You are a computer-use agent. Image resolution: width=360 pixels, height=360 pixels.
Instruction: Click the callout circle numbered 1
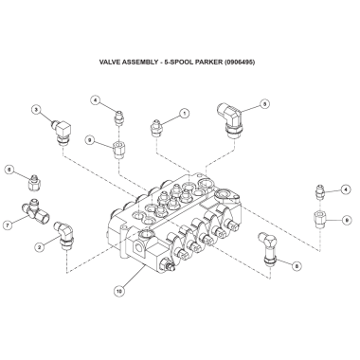(x=185, y=113)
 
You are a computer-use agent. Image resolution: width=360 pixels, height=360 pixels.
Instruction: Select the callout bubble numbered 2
(x=39, y=247)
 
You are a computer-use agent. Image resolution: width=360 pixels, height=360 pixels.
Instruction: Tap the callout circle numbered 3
(x=36, y=110)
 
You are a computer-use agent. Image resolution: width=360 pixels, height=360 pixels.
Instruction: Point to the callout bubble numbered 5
(x=264, y=103)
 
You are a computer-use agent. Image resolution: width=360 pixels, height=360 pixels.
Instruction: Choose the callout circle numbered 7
(x=7, y=225)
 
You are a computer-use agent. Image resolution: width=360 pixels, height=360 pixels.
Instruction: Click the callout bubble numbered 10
(x=119, y=291)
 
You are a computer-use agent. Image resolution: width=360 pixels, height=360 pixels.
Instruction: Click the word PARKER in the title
(x=208, y=62)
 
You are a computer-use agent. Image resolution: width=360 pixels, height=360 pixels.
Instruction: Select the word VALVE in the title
(x=109, y=62)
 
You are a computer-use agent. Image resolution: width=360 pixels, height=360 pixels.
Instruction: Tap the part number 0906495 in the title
(x=240, y=62)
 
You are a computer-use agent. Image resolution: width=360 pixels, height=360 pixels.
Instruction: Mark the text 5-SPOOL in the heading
(x=179, y=62)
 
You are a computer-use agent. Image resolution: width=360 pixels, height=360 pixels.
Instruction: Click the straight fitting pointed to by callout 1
(x=156, y=128)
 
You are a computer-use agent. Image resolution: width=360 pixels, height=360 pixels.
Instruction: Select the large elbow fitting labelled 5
(x=230, y=119)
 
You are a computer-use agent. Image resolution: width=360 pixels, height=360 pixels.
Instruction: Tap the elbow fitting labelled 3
(x=63, y=132)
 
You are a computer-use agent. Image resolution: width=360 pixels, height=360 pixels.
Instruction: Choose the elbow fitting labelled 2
(x=64, y=236)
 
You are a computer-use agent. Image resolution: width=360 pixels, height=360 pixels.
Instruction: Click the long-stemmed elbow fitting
(x=268, y=248)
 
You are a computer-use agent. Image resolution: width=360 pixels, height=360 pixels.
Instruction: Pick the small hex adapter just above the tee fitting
(x=33, y=183)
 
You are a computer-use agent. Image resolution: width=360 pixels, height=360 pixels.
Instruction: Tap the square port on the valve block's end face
(x=139, y=248)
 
